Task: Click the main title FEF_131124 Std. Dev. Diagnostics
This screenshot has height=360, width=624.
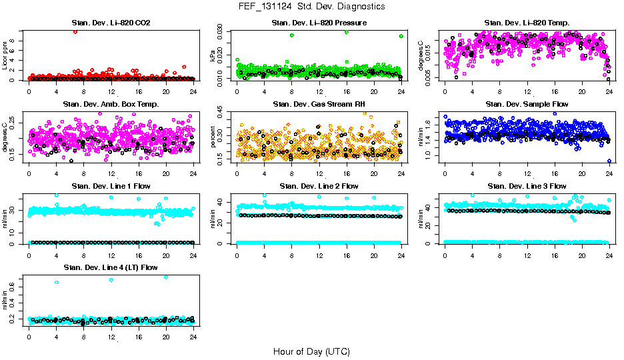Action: [311, 7]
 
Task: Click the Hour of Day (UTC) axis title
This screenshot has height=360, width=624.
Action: [311, 351]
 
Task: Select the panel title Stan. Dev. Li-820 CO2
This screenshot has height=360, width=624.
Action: [111, 23]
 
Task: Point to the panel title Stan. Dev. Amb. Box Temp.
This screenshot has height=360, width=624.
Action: [111, 105]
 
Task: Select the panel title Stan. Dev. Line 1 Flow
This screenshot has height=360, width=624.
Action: [111, 186]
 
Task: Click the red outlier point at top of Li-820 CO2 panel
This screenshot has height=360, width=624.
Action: [75, 31]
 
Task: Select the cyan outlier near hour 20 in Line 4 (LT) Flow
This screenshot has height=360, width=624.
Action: [165, 277]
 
